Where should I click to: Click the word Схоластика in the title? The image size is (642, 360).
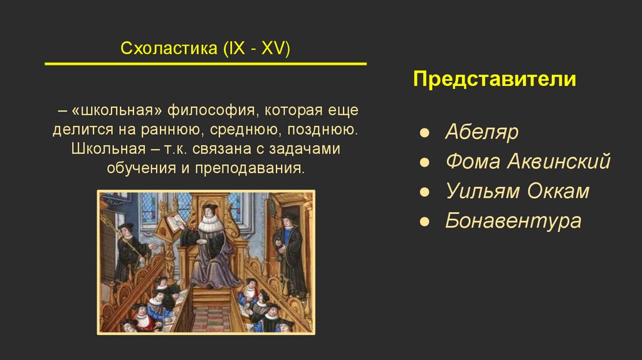(x=169, y=48)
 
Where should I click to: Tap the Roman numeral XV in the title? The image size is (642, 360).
(x=275, y=48)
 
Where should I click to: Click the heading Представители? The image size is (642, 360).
(x=494, y=78)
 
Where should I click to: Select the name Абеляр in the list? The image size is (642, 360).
(x=481, y=132)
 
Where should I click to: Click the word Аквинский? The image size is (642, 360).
(x=559, y=161)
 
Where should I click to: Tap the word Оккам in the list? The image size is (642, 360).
(x=558, y=191)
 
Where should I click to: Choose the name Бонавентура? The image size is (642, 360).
(x=513, y=220)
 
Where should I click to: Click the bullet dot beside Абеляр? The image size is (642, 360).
(x=424, y=133)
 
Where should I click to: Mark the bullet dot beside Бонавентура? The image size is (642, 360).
(x=424, y=221)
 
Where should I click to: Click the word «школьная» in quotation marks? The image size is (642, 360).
(x=117, y=110)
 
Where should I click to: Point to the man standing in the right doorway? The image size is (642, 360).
(x=290, y=252)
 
